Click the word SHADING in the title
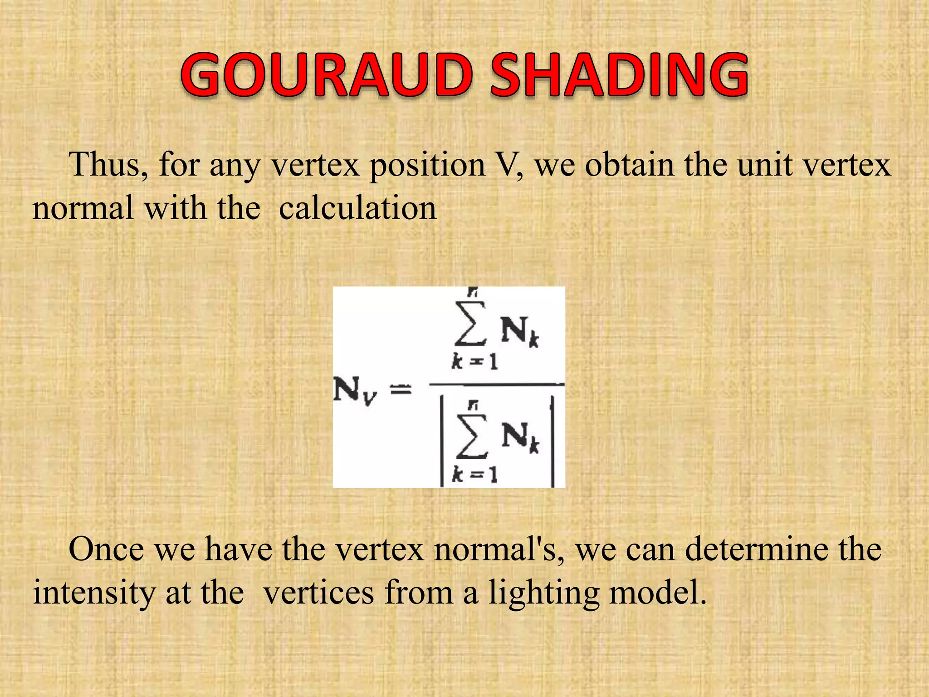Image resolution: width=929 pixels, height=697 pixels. click(x=619, y=75)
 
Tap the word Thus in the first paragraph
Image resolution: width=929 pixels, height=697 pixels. click(x=107, y=165)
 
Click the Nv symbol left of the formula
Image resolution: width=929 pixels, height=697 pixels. click(x=354, y=390)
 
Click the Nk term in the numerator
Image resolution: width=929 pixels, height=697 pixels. click(x=520, y=331)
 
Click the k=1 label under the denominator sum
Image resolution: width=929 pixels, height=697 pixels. click(x=474, y=475)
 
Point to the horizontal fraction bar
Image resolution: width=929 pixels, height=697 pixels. click(x=496, y=385)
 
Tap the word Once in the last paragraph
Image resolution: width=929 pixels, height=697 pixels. click(x=106, y=550)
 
